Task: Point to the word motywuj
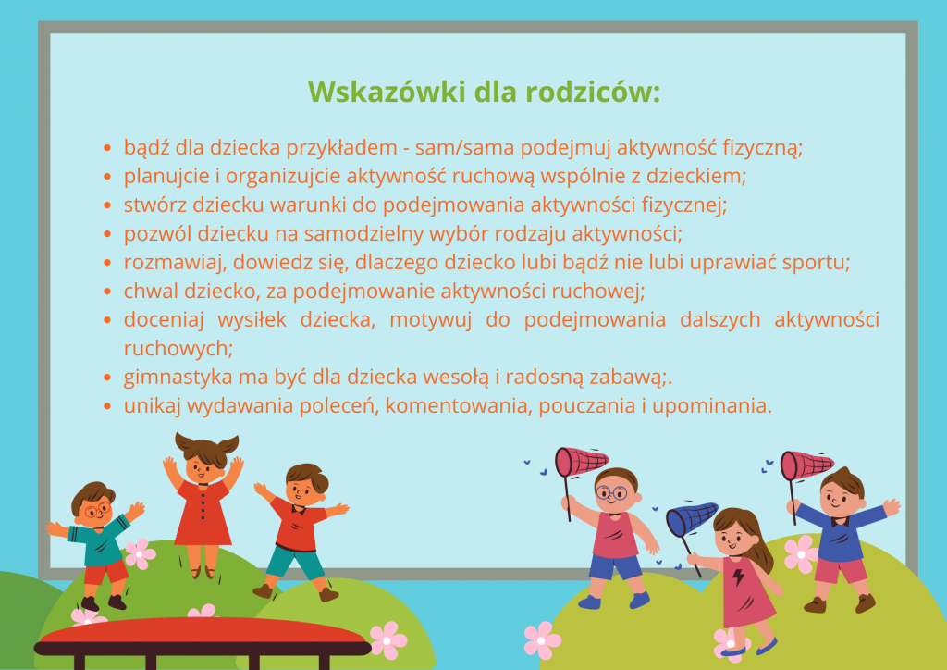[430, 320]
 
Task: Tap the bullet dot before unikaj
[107, 407]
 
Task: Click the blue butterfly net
[692, 519]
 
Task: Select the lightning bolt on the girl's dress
[738, 577]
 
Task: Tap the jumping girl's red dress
[203, 514]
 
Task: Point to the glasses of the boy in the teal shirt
[96, 511]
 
